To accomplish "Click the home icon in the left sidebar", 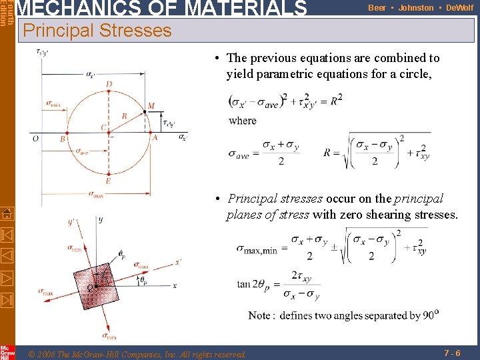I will coord(7,214).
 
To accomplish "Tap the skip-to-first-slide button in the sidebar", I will coord(7,235).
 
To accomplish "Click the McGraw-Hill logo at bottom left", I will coord(7,352).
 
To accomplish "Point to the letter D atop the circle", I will coord(109,84).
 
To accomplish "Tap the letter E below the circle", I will coord(109,181).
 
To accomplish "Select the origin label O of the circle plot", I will coord(35,139).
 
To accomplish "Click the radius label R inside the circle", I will coord(124,116).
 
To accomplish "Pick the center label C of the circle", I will coord(103,127).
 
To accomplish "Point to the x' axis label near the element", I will coord(178,262).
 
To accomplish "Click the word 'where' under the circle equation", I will coord(242,121).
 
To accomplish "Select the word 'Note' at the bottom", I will coord(259,315).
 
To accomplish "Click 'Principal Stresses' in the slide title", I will coord(97,31).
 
